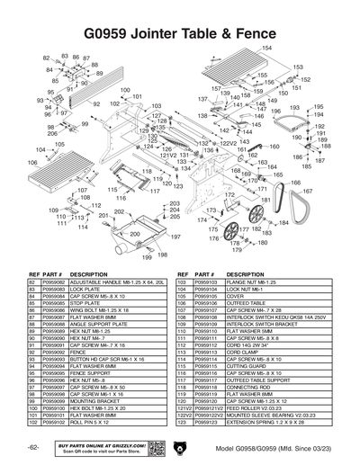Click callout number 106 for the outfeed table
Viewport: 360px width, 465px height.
[32, 164]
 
